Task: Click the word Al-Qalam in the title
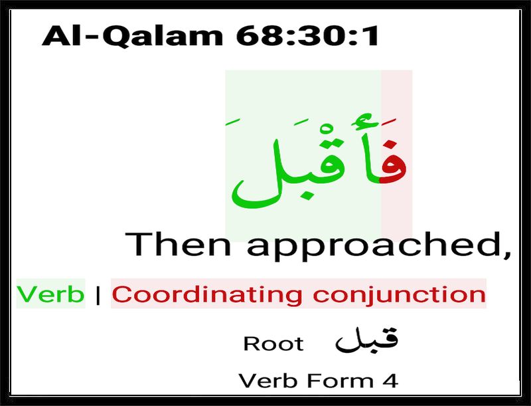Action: (132, 35)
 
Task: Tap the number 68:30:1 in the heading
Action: (307, 35)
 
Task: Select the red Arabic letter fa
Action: (393, 163)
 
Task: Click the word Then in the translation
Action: (178, 244)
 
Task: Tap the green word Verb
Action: (50, 294)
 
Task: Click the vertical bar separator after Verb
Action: (98, 294)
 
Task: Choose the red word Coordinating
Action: (206, 294)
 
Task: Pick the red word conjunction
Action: (400, 294)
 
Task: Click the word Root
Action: (273, 344)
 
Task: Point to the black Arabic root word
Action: (366, 340)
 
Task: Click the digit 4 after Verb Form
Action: (390, 381)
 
